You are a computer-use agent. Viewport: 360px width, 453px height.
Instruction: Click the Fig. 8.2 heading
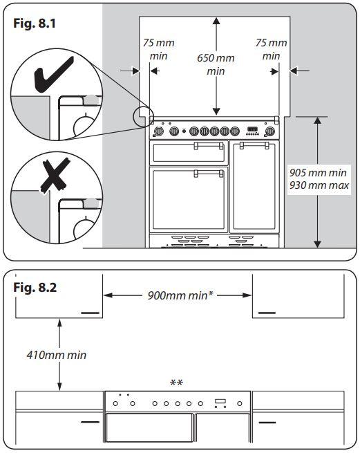(x=35, y=286)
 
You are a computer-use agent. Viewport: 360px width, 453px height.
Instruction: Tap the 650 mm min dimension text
(x=216, y=64)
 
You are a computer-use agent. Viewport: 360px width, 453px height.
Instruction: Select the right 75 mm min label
(x=271, y=48)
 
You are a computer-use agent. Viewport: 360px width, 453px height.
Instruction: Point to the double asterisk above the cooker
(x=177, y=382)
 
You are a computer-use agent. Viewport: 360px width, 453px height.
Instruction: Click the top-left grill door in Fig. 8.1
(x=189, y=152)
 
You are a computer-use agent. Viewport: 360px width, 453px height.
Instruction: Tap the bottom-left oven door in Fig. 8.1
(x=189, y=199)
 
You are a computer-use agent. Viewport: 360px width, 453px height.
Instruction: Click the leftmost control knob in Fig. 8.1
(x=158, y=130)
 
